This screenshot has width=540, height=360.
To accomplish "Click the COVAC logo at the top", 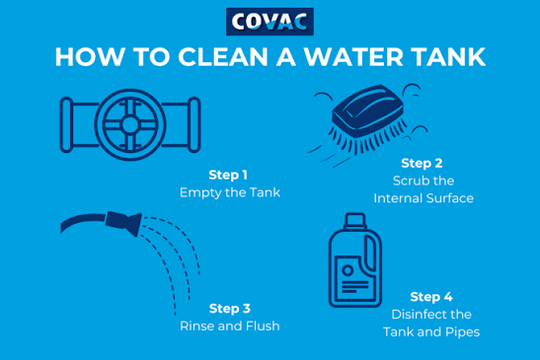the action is coord(270,22).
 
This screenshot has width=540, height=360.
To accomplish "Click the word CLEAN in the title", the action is coord(223,57).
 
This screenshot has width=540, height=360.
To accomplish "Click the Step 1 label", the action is coord(228,175).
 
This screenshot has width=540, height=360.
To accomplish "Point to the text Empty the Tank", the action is coord(230,192).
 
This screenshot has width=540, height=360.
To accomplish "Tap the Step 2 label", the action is coord(422,163).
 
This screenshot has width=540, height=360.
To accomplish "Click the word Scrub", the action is coord(410,180).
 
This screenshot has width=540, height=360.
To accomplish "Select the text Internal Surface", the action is coord(424,198).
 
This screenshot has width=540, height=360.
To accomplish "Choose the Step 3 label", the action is coord(230,309).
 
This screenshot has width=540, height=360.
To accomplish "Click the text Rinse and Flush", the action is coord(230,325).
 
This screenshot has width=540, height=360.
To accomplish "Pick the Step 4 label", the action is coord(431,297).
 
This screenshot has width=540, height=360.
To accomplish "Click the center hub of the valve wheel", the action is coord(130,124).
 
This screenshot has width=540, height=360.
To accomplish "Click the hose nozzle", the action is coord(123,223).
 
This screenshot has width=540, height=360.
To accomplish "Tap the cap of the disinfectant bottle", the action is coord(354,221).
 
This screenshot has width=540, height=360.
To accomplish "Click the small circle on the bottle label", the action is coord(347,270).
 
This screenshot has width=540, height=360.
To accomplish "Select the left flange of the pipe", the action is coord(66,124).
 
